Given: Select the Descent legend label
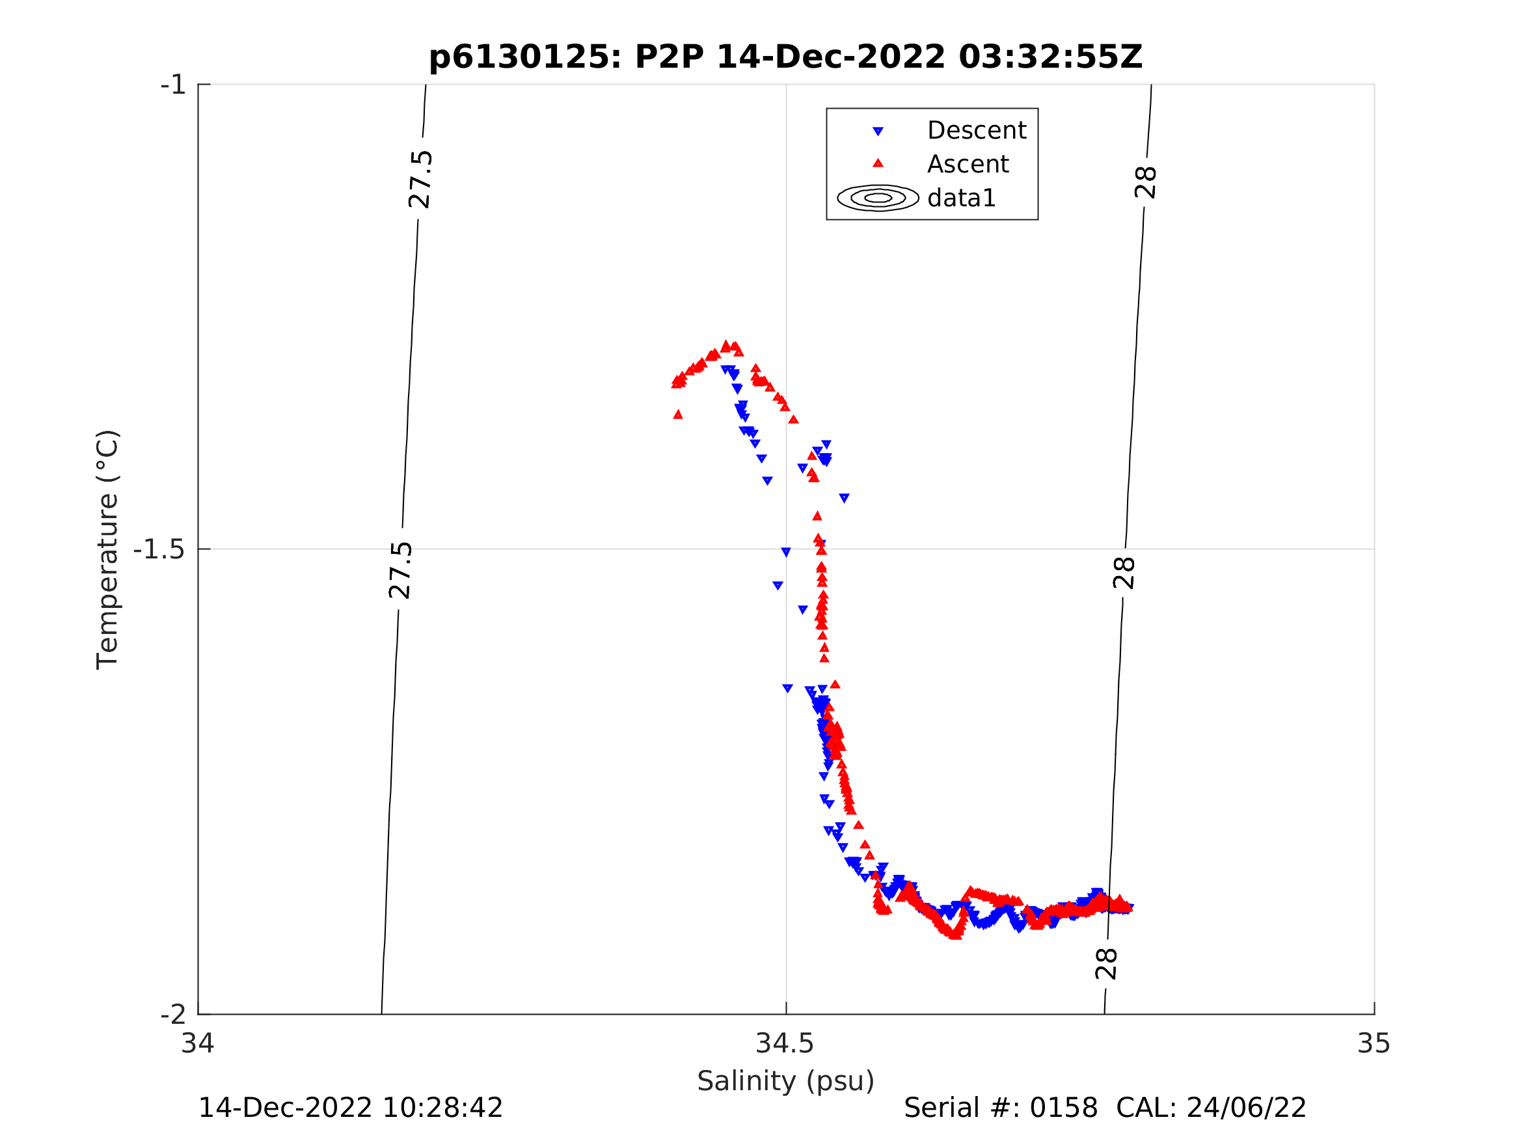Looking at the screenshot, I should (976, 130).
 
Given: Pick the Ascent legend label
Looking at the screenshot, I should (968, 164).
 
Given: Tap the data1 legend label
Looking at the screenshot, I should (961, 199).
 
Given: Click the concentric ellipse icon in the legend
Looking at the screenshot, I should (878, 198).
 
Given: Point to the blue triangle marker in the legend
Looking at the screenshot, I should (878, 131).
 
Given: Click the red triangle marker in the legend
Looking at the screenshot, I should (878, 163).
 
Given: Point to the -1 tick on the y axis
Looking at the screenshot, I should (173, 85).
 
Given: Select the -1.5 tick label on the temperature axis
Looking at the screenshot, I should (159, 550).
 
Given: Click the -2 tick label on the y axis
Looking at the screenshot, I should (173, 1015).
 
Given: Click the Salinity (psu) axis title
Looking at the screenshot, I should (786, 1081).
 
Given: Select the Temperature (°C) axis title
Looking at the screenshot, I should (108, 549).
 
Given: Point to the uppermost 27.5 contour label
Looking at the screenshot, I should (420, 179).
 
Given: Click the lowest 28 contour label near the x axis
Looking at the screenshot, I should (1106, 964).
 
